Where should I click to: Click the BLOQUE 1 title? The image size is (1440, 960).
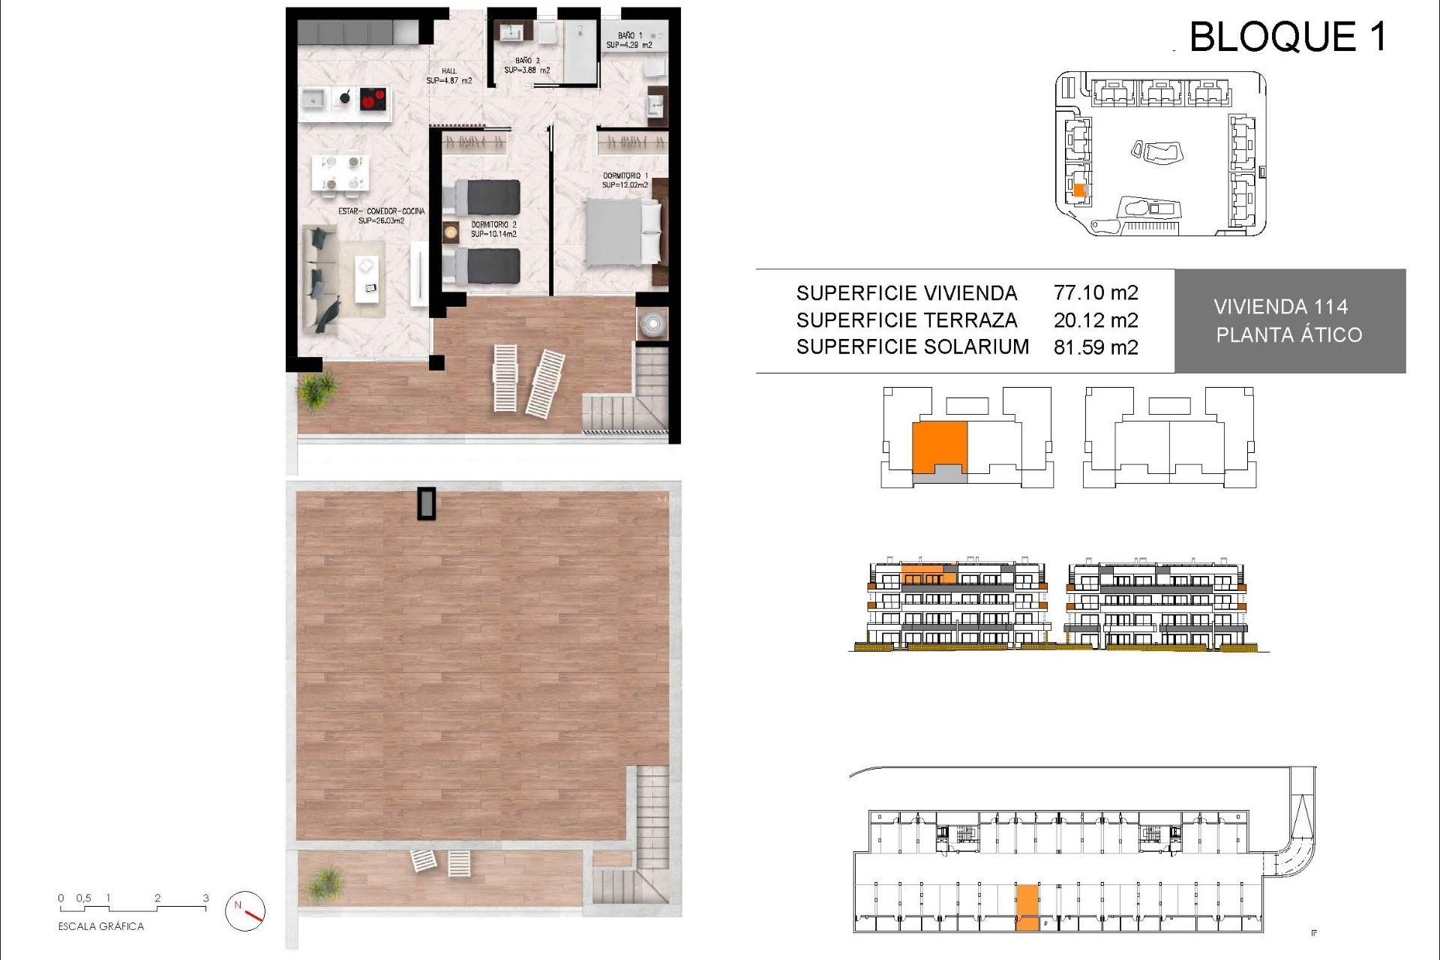(x=1287, y=37)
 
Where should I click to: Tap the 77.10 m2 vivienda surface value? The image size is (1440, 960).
(x=1095, y=292)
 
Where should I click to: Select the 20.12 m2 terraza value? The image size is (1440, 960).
(x=1095, y=320)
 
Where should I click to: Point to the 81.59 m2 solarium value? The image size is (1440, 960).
(x=1095, y=347)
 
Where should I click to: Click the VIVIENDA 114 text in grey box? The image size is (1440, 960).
(x=1280, y=307)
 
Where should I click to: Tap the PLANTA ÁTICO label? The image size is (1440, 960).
(x=1288, y=335)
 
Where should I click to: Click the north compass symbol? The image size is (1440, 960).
(x=245, y=910)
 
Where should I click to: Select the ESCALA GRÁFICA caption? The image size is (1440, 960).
(x=100, y=926)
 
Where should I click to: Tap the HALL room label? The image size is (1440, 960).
(x=448, y=76)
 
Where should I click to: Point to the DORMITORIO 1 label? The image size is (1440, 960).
(x=625, y=180)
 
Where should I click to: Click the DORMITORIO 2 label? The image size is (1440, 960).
(x=493, y=229)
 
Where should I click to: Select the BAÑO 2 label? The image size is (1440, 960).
(x=526, y=65)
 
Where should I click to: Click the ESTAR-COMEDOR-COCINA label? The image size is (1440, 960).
(x=381, y=216)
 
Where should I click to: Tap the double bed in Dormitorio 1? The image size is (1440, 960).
(x=622, y=232)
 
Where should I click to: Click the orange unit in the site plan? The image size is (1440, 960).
(x=1078, y=190)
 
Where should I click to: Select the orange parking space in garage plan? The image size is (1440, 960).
(x=1027, y=907)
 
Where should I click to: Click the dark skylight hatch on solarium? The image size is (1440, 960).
(x=426, y=503)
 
